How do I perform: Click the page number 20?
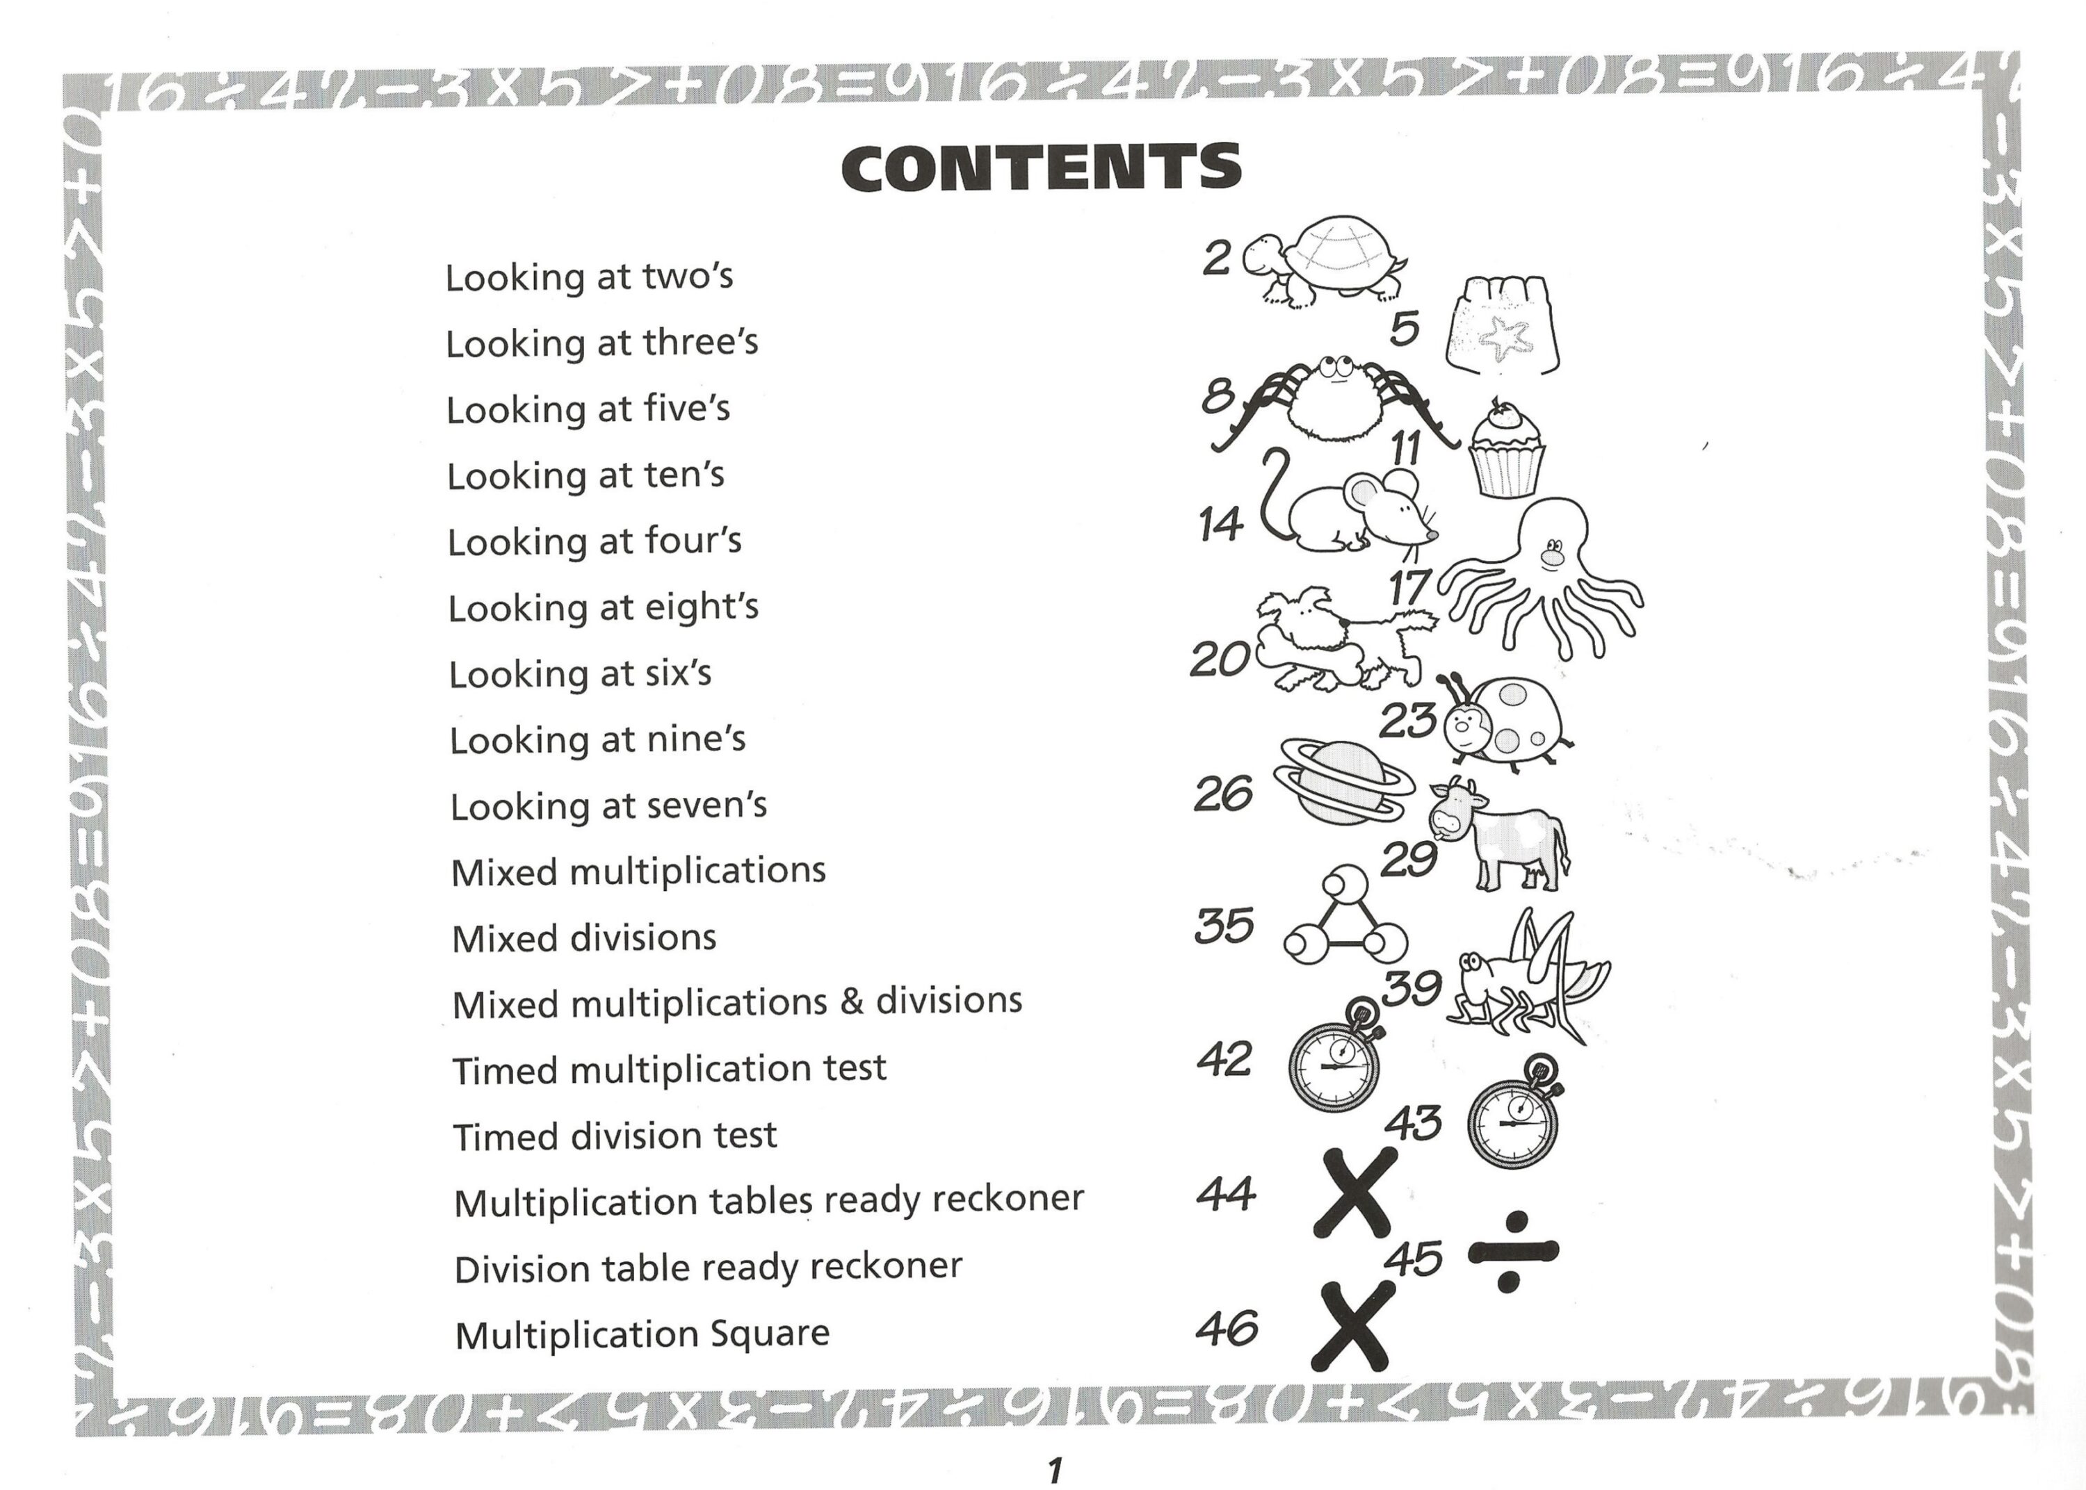(1220, 659)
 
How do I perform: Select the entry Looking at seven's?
(608, 805)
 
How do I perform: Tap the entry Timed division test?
(615, 1136)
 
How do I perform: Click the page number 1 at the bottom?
(1054, 1470)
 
